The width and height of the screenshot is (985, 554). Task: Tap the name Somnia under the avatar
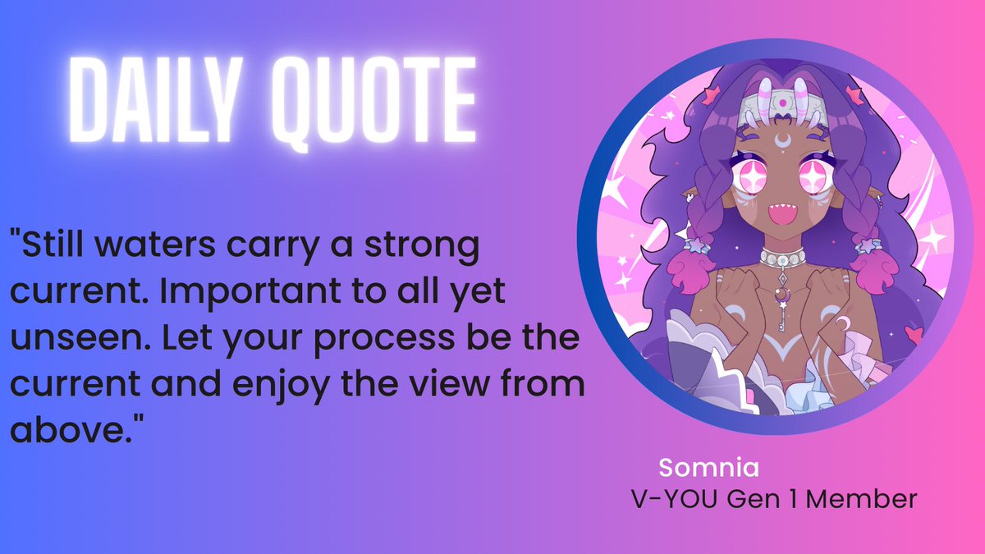pos(709,469)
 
